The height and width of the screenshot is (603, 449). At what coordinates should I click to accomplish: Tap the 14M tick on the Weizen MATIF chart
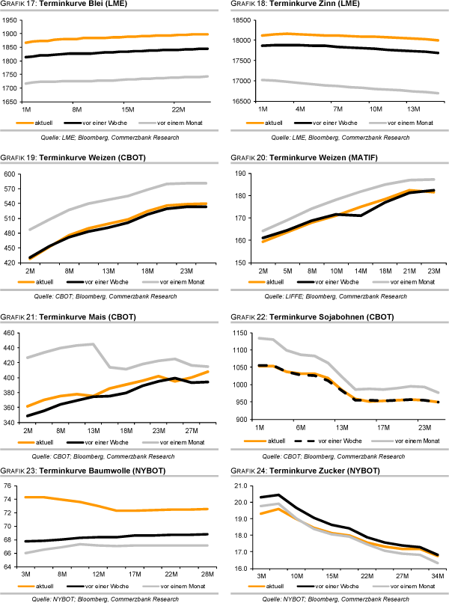tap(360, 269)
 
